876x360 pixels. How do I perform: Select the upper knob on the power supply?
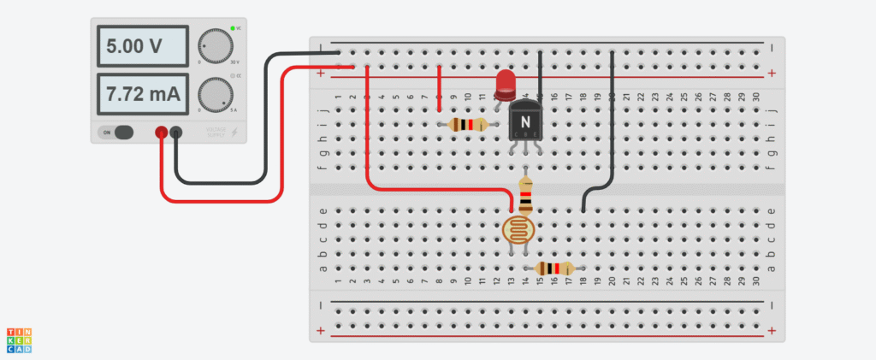pos(215,45)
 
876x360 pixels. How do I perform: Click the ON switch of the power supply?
pos(118,133)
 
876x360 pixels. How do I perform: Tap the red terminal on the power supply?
pos(161,133)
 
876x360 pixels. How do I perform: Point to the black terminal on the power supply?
pos(176,133)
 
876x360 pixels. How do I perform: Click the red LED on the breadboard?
pos(506,82)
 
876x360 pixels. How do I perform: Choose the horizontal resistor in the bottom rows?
pos(554,269)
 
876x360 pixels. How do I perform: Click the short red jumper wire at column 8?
pos(439,86)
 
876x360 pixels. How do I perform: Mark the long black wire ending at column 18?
pos(613,128)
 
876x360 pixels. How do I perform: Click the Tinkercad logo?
pos(19,339)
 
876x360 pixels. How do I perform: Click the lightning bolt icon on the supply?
pos(234,133)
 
